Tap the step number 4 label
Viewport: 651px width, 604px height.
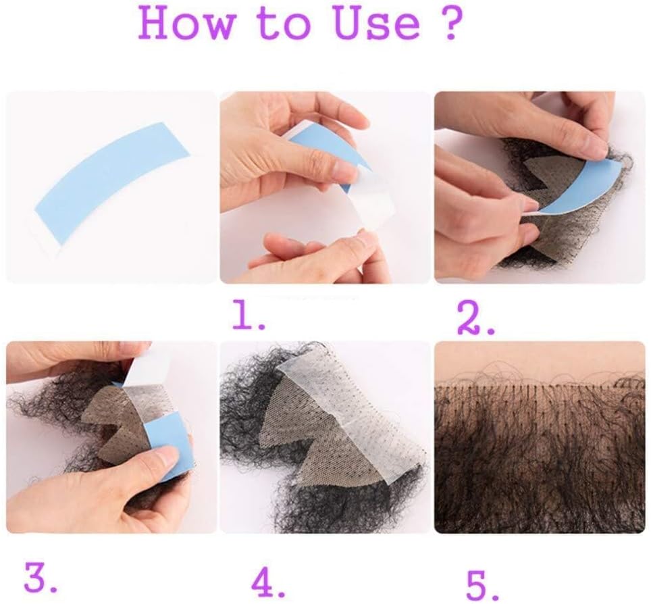268,583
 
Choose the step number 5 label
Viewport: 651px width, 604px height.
481,584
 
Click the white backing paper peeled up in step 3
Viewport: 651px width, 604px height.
142,366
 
